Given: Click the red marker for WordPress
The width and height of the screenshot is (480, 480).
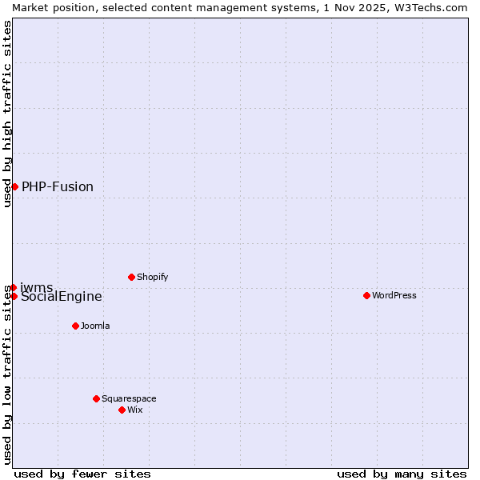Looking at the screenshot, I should click(x=366, y=295).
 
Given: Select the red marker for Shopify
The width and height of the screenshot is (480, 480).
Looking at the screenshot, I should click(x=131, y=277).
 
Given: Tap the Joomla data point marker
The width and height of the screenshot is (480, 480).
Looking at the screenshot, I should click(x=75, y=326).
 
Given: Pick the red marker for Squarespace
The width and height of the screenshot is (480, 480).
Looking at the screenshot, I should click(x=96, y=398).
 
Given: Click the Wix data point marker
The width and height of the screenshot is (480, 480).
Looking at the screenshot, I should click(x=122, y=410).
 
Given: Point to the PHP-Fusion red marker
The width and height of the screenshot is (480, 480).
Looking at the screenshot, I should click(x=14, y=186).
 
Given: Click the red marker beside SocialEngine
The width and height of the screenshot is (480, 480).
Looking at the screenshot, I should click(x=14, y=296).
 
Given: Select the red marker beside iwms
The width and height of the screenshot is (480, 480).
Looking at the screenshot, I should click(x=13, y=287).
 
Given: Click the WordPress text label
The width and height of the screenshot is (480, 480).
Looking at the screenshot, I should click(x=394, y=295).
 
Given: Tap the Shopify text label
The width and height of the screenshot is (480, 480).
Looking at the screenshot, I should click(x=152, y=277).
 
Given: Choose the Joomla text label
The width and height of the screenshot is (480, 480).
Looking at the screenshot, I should click(x=95, y=326).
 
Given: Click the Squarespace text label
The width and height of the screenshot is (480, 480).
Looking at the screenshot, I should click(x=129, y=398).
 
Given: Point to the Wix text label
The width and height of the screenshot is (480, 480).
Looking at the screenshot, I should click(x=135, y=410).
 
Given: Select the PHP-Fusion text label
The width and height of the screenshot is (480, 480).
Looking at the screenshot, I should click(x=58, y=187).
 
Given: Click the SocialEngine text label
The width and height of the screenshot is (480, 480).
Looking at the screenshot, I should click(x=62, y=297).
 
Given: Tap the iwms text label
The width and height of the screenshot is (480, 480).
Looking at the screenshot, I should click(x=37, y=287).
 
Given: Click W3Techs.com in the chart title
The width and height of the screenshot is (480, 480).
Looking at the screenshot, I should click(x=435, y=7).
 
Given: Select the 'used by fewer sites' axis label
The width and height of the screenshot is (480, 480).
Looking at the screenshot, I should click(x=82, y=474).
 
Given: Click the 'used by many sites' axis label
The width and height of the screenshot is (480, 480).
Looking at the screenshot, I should click(x=402, y=474).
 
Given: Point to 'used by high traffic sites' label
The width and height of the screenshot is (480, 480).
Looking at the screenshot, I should click(x=7, y=114).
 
